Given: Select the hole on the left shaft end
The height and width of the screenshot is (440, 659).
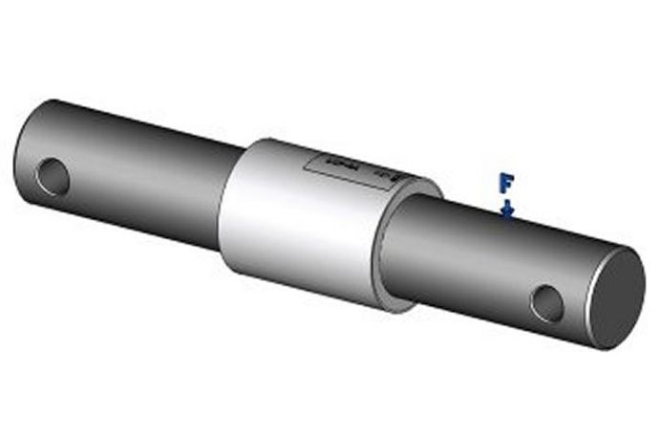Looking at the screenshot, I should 53,176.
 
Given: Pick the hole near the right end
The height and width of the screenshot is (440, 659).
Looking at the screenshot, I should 547,303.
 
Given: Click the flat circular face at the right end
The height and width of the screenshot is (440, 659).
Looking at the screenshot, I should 615,295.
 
